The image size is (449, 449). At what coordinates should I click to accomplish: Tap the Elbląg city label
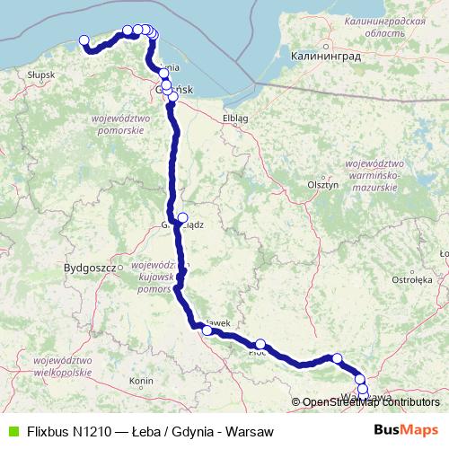click(233, 118)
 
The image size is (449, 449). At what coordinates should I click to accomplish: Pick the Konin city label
click(142, 382)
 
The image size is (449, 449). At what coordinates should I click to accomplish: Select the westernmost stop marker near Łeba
click(84, 40)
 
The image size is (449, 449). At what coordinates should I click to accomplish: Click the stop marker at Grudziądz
click(182, 217)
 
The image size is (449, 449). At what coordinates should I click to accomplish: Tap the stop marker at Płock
click(260, 344)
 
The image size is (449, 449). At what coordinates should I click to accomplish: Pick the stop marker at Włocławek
click(207, 330)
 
